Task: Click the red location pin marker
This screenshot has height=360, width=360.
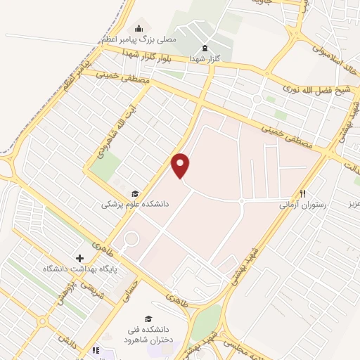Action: [181, 166]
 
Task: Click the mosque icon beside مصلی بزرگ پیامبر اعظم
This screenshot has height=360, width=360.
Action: [139, 28]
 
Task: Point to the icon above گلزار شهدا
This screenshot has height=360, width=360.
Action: [205, 48]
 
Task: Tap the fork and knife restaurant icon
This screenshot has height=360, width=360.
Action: [303, 193]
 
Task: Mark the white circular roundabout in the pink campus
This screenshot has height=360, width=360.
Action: [131, 239]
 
